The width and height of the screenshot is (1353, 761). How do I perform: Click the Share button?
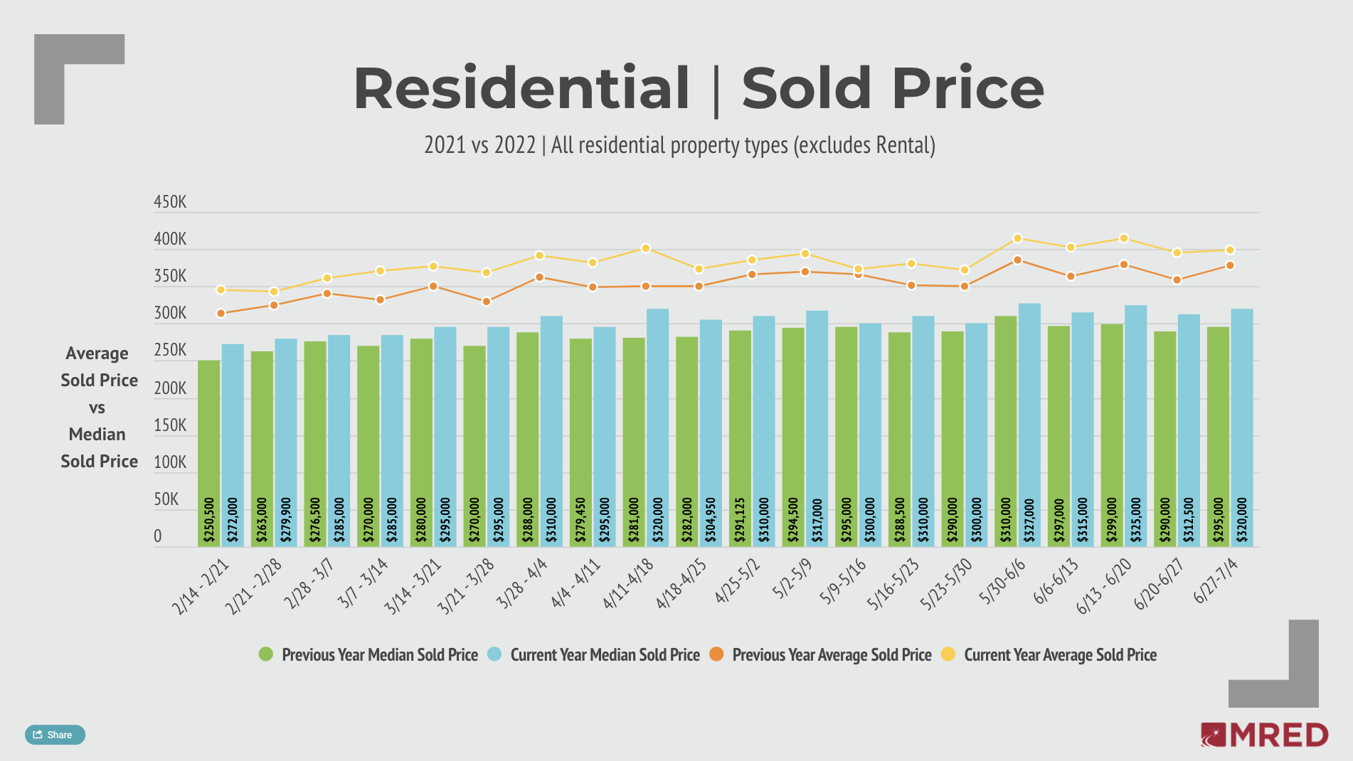[x=55, y=735]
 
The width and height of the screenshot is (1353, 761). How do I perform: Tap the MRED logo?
[x=1264, y=735]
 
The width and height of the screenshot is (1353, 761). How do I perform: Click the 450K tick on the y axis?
[x=170, y=203]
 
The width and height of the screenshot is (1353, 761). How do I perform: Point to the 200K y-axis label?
[x=170, y=388]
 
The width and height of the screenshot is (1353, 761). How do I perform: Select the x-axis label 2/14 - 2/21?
[x=201, y=586]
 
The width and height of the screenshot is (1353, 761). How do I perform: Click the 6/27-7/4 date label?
[x=1216, y=581]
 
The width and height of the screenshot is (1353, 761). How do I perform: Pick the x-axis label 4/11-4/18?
[x=628, y=584]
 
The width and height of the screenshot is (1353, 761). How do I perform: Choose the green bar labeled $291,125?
[x=740, y=437]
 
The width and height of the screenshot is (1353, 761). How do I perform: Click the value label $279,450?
[x=580, y=520]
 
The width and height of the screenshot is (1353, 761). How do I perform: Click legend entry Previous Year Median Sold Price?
[x=369, y=654]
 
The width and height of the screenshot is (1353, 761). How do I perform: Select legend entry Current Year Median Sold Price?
[x=594, y=654]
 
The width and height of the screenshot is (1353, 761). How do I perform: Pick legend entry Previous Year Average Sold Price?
[x=821, y=654]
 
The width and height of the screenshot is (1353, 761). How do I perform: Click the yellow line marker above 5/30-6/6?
[x=1018, y=238]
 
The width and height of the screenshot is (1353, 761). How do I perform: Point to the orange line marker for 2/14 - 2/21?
[x=221, y=313]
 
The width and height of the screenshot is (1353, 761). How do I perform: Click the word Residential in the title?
[x=521, y=88]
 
